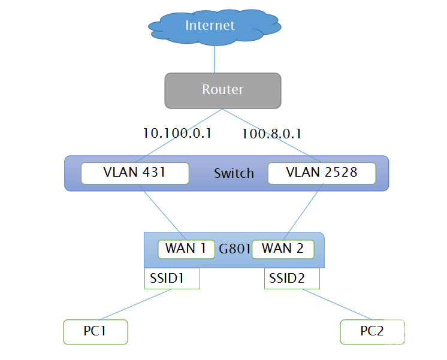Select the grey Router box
(222, 90)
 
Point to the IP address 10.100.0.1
(177, 133)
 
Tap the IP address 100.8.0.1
(271, 133)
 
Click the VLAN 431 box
(135, 173)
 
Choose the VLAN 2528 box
(322, 173)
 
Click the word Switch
(234, 174)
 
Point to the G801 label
(233, 249)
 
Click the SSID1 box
(172, 279)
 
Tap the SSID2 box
(292, 279)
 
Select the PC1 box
(96, 331)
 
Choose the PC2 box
(372, 331)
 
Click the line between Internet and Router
(215, 60)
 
